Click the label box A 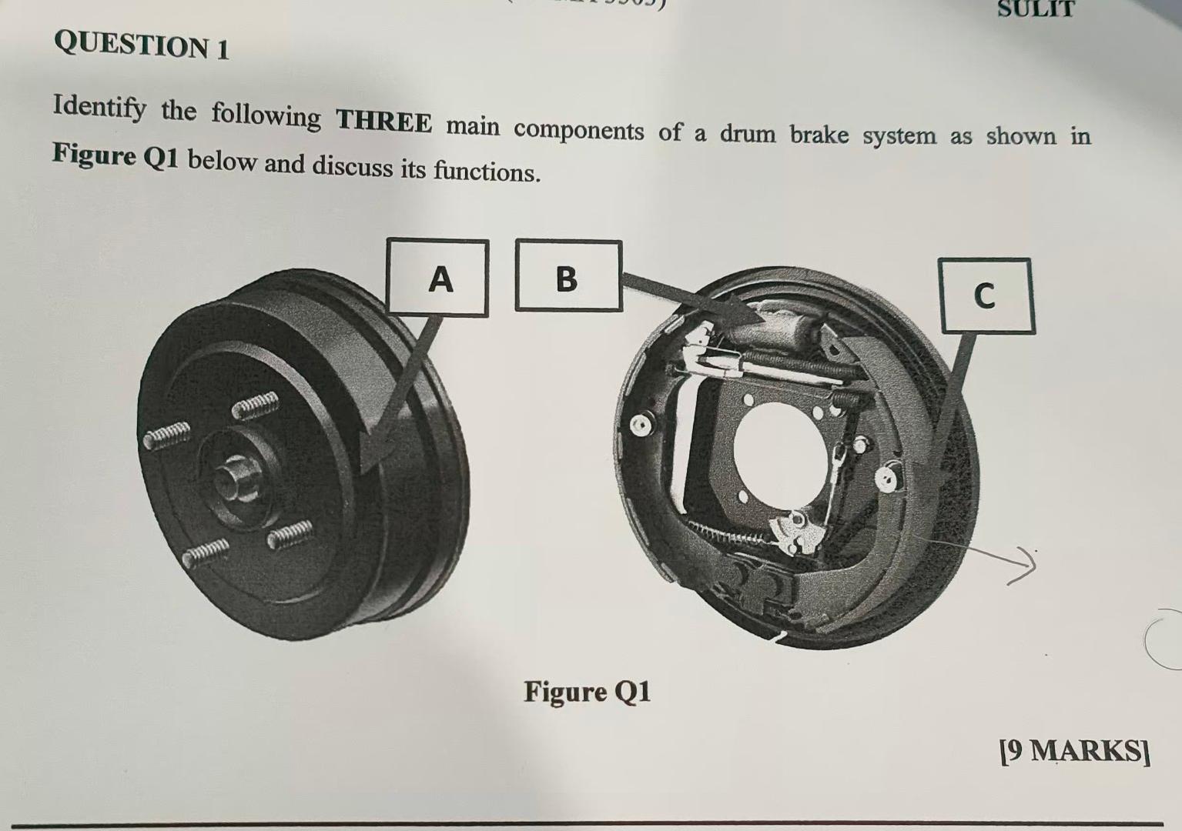tap(438, 279)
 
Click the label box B tap(568, 276)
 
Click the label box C tap(986, 295)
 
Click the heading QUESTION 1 tap(142, 46)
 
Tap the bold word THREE tap(383, 122)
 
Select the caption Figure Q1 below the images tap(587, 692)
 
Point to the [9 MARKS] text tap(1074, 750)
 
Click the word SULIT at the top tap(1035, 9)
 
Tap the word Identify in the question tap(99, 108)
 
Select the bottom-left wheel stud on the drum tap(205, 551)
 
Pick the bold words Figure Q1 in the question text tap(116, 156)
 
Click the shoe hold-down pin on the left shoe tap(638, 425)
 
